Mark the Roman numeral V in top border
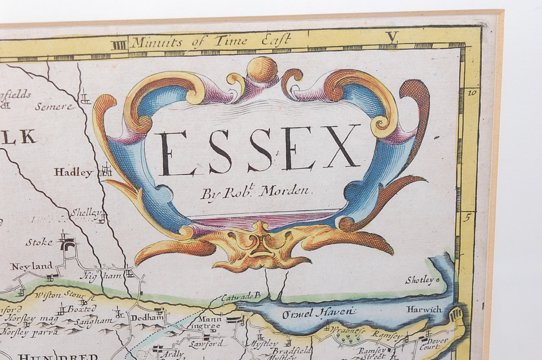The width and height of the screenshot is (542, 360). pyautogui.click(x=392, y=37)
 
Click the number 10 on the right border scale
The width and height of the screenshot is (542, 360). pyautogui.click(x=472, y=93)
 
